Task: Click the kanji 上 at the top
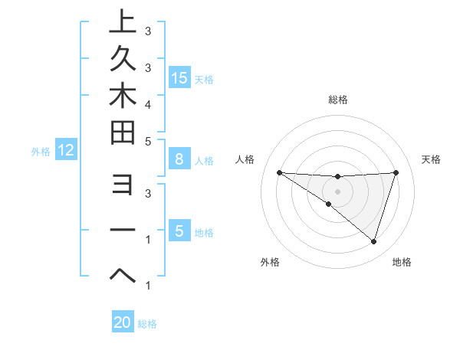(122, 21)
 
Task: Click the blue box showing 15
(179, 77)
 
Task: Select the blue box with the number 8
(179, 159)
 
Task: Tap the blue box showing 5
(179, 231)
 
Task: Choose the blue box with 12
(66, 150)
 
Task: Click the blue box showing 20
(123, 322)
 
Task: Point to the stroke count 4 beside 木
(147, 103)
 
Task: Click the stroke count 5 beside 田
(147, 142)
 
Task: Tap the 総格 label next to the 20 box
(147, 324)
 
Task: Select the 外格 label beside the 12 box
(41, 152)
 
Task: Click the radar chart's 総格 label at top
(337, 100)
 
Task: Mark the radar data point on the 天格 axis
(396, 172)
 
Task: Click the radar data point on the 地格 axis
(373, 242)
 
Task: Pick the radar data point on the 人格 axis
(279, 172)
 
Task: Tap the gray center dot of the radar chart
(337, 191)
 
